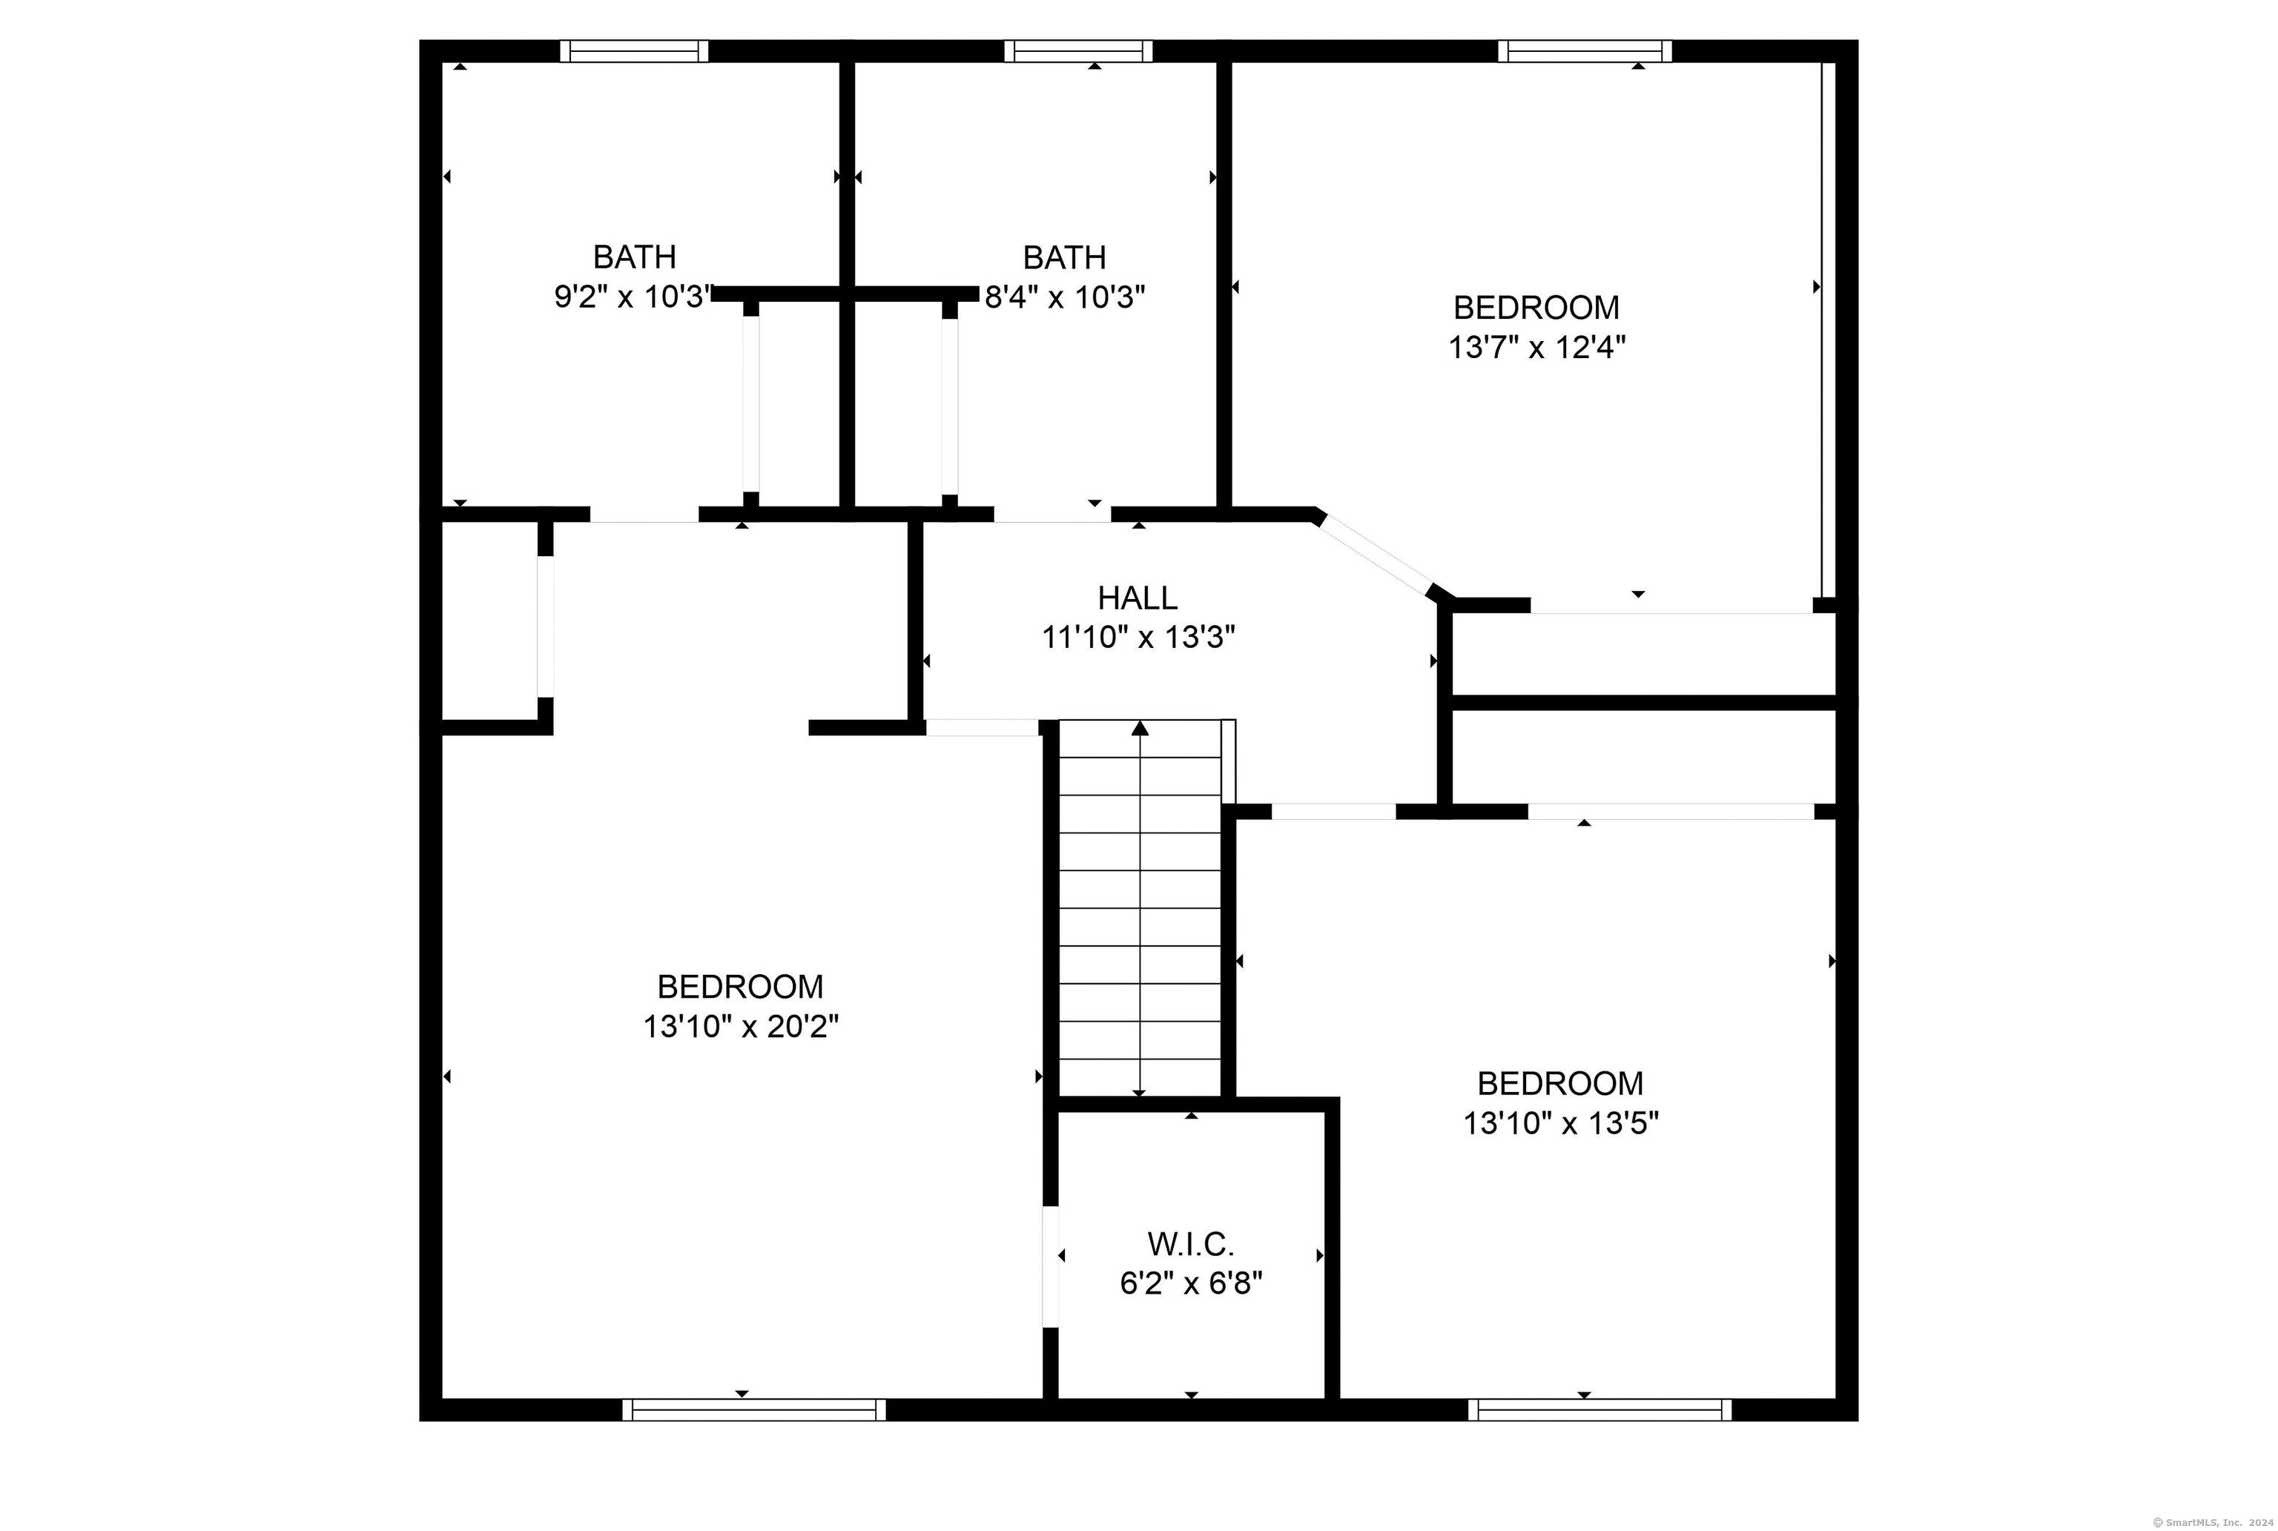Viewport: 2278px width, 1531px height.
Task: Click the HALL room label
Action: coord(1138,597)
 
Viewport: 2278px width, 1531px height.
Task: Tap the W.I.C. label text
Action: coord(1190,1244)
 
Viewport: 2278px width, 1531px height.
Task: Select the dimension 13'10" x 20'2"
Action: coord(741,1027)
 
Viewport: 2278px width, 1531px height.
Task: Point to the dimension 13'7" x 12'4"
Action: coord(1537,348)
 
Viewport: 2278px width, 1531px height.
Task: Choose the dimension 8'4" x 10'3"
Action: coord(1064,297)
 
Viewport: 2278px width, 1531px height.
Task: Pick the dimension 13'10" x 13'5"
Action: coord(1561,1124)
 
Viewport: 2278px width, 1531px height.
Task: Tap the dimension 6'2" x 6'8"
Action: coord(1191,1283)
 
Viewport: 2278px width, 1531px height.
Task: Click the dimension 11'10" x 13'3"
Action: coord(1138,638)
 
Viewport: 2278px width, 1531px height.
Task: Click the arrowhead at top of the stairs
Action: coord(1140,727)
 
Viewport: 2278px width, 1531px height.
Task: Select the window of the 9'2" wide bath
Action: coord(635,50)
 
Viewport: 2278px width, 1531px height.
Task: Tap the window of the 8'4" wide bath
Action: coord(1078,50)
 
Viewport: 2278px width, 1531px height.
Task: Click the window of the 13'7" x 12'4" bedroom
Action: coord(1585,50)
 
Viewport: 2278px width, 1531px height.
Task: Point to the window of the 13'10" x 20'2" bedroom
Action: coord(754,1409)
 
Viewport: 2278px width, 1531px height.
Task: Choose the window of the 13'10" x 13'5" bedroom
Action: coord(1599,1409)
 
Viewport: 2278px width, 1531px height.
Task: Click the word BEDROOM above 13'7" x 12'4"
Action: coord(1536,308)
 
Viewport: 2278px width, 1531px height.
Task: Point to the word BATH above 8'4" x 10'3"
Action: coord(1064,258)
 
